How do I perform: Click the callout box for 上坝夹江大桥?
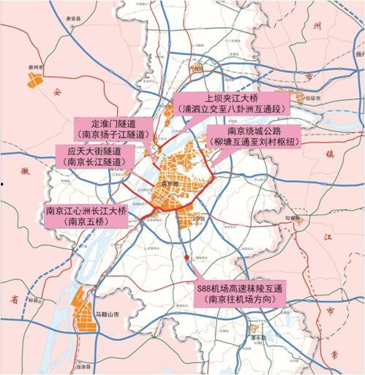[x=225, y=103]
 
